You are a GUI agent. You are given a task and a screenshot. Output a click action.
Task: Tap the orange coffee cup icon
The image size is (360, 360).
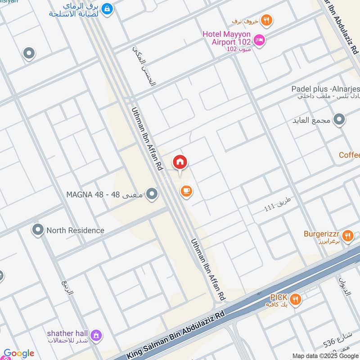pos(186,191)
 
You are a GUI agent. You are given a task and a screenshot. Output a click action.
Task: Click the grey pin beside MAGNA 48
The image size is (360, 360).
pos(152,194)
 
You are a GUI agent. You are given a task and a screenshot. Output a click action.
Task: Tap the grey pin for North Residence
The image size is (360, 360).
pos(38,230)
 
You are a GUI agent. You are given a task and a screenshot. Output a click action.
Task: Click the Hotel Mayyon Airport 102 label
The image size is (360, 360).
pos(226,38)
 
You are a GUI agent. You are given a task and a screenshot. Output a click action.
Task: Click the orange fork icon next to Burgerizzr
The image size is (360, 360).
pos(347,235)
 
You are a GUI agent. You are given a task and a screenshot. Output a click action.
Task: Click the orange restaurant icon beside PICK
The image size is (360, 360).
pos(295,299)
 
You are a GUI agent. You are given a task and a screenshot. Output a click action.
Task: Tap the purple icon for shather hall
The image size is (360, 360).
pos(95,336)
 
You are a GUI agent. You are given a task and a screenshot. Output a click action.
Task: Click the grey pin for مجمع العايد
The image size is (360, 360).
pos(339,120)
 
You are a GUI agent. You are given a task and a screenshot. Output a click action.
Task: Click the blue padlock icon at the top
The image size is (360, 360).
pos(107,9)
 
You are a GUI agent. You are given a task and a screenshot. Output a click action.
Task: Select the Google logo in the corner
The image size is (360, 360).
pos(19,353)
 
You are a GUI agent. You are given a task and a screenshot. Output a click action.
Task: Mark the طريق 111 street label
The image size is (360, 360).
pos(278,203)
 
